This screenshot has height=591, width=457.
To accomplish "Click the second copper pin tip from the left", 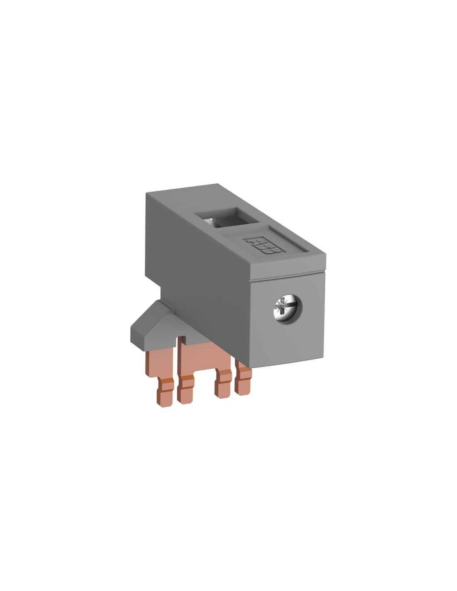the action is [186, 391].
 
